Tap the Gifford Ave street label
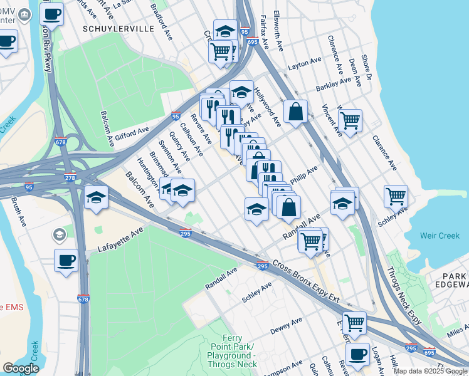click(130, 133)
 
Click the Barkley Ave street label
click(334, 83)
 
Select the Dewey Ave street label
click(287, 326)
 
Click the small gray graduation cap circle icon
click(59, 235)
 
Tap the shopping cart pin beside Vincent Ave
click(350, 119)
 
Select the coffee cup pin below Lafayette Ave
click(66, 259)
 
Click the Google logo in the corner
click(21, 368)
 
